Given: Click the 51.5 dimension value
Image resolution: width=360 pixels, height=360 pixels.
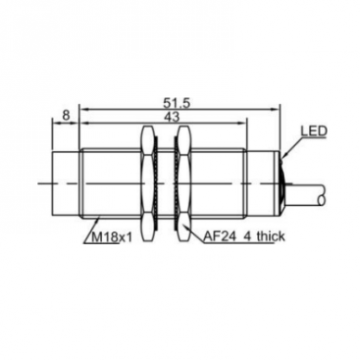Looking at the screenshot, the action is click(x=176, y=104).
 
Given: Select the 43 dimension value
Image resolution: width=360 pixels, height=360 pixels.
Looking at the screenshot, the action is click(x=173, y=117).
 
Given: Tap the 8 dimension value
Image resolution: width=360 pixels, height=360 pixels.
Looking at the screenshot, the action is click(x=66, y=115).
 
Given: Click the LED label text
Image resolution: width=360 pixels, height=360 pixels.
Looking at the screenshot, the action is click(x=314, y=132).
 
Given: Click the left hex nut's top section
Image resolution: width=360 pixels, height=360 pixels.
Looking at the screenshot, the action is click(x=147, y=138).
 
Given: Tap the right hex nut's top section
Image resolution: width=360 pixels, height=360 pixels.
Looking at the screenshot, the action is click(x=184, y=138).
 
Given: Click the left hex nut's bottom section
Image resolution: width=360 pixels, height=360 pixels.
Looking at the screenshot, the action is click(x=147, y=227).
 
